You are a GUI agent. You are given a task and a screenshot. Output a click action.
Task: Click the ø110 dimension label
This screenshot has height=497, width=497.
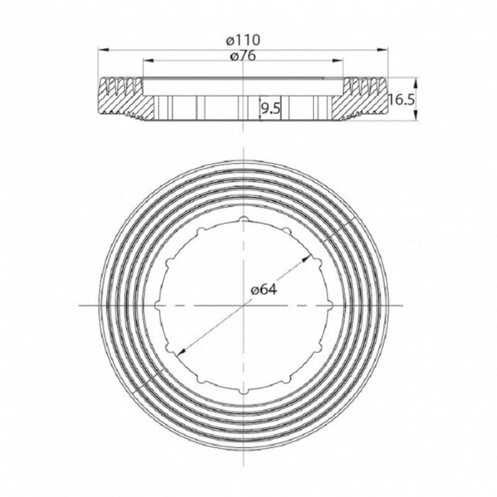pos(245,39)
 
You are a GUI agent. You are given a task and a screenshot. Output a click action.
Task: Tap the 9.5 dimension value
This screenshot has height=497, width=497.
pos(271,108)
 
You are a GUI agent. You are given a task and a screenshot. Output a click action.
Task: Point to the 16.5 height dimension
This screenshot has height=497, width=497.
pos(400,99)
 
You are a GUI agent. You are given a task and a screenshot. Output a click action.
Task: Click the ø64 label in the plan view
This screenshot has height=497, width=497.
pos(263,290)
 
